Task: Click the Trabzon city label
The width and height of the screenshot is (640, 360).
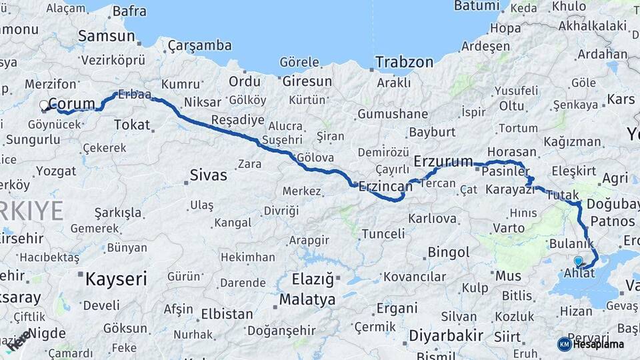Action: pyautogui.click(x=403, y=62)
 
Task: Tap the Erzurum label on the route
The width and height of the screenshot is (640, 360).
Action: pyautogui.click(x=443, y=161)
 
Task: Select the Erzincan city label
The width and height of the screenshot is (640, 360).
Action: pyautogui.click(x=385, y=187)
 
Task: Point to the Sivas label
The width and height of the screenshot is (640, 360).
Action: pyautogui.click(x=209, y=176)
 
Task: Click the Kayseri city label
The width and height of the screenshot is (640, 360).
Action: pyautogui.click(x=115, y=279)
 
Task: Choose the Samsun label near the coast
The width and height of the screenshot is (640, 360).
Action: pyautogui.click(x=107, y=36)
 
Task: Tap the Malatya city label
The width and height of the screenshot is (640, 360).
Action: pyautogui.click(x=307, y=300)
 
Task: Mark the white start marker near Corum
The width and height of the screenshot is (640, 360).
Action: pyautogui.click(x=45, y=105)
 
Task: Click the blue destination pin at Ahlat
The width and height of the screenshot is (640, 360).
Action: pyautogui.click(x=578, y=261)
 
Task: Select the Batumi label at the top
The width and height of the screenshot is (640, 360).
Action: pyautogui.click(x=477, y=6)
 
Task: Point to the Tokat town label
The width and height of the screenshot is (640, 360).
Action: pyautogui.click(x=132, y=125)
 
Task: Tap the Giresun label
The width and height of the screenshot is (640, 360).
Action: pyautogui.click(x=307, y=81)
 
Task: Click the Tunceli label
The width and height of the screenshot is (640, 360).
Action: pyautogui.click(x=383, y=234)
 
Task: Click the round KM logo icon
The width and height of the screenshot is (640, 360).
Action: pyautogui.click(x=564, y=344)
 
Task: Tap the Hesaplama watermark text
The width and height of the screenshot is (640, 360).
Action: pyautogui.click(x=598, y=344)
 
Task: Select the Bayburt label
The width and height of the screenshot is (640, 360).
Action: pyautogui.click(x=432, y=132)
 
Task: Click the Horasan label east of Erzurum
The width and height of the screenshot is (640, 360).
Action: pyautogui.click(x=511, y=152)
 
